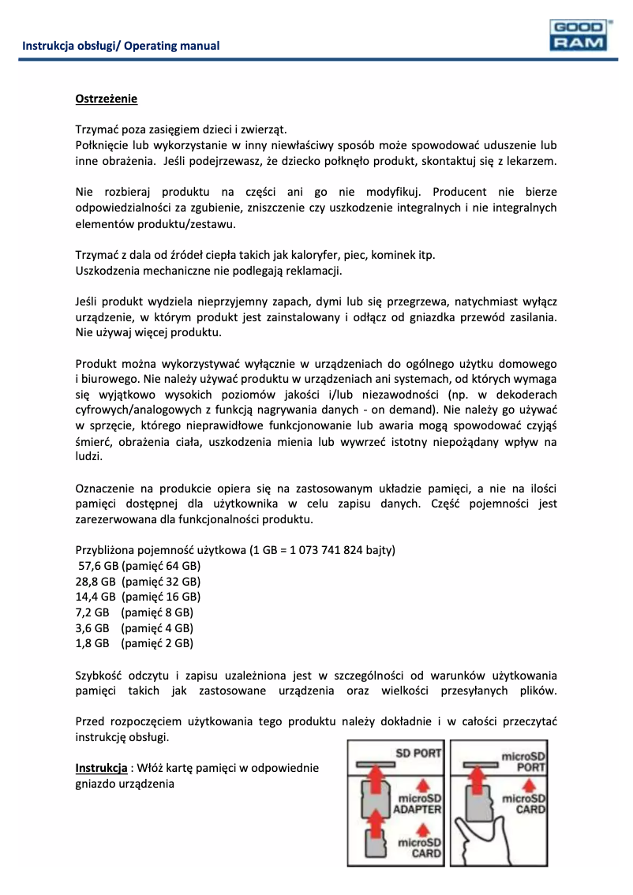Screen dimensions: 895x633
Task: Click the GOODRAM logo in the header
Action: click(x=578, y=36)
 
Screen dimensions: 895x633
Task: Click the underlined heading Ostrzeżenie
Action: click(x=107, y=99)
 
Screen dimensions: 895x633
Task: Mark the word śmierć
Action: click(x=96, y=442)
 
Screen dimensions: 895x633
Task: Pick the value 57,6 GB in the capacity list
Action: click(x=97, y=566)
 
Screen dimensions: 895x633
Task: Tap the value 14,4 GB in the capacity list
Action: click(x=96, y=597)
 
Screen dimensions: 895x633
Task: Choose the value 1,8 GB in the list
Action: click(x=92, y=643)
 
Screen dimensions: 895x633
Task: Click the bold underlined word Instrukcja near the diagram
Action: click(x=101, y=768)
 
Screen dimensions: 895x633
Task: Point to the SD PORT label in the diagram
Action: click(x=418, y=753)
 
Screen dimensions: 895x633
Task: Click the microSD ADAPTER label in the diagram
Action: click(x=418, y=802)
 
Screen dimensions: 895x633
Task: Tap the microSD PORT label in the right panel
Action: click(x=524, y=762)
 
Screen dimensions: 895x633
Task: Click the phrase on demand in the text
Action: click(x=405, y=410)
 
